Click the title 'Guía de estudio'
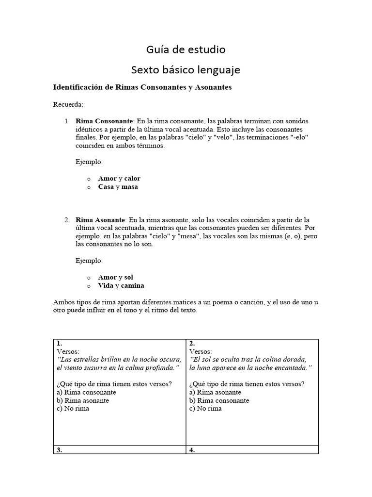click(186, 50)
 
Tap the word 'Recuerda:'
click(68, 104)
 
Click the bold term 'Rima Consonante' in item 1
click(104, 121)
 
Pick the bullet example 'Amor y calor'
click(119, 178)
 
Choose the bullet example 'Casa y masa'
click(118, 186)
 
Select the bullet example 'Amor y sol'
click(115, 277)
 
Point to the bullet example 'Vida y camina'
click(121, 285)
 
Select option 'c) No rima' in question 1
click(73, 409)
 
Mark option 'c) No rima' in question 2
click(205, 409)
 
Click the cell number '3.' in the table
click(60, 450)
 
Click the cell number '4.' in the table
click(192, 450)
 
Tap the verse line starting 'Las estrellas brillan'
click(119, 359)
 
